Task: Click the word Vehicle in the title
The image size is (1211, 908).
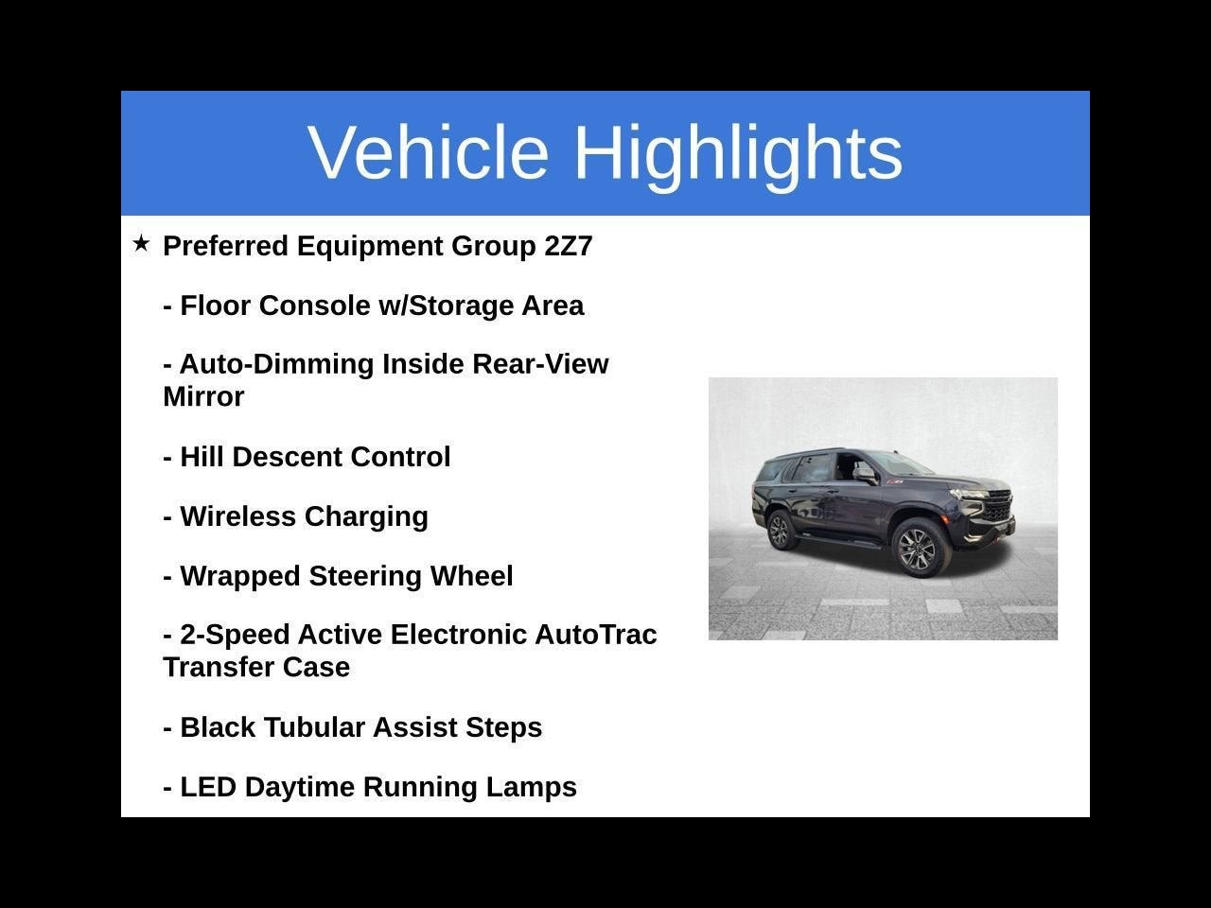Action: click(x=428, y=152)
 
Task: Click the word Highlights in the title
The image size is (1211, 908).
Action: click(x=738, y=152)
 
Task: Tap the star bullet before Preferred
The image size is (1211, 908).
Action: click(x=141, y=244)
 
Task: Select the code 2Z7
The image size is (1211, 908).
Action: click(x=568, y=246)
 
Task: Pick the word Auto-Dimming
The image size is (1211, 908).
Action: click(x=276, y=364)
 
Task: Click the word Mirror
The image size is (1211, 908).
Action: click(x=203, y=396)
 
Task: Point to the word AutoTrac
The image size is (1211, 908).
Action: click(x=595, y=634)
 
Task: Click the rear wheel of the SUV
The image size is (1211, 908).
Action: click(x=780, y=531)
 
